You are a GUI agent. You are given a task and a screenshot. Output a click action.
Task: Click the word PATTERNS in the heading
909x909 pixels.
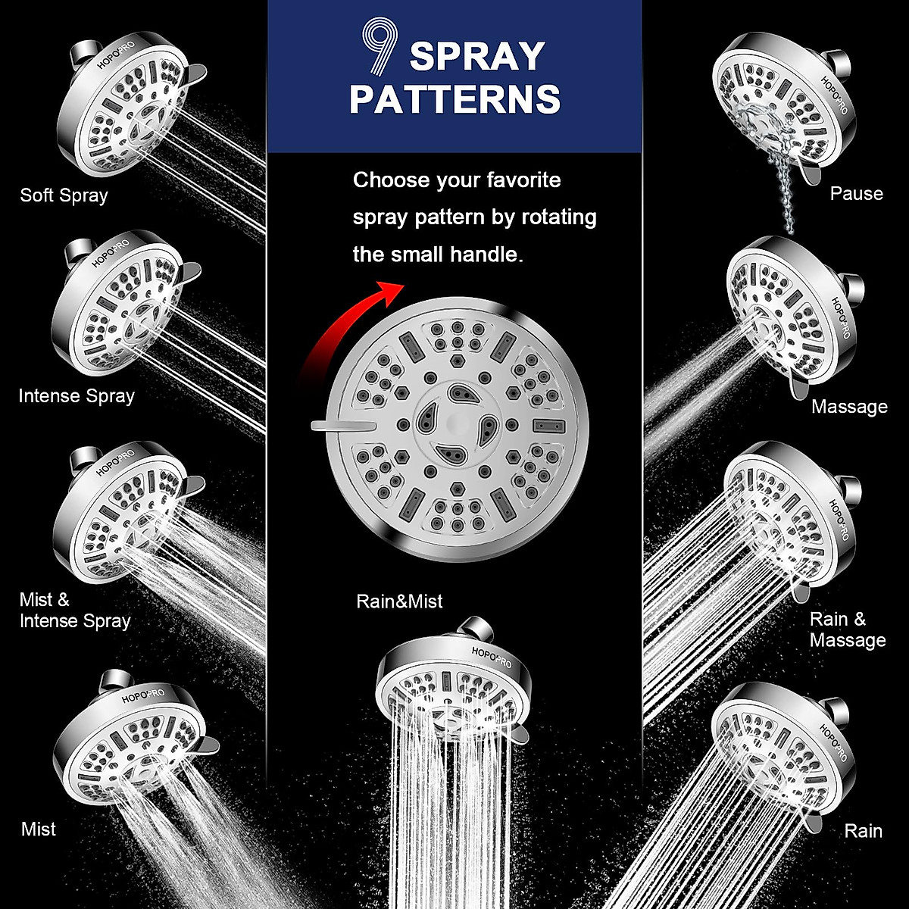(454, 99)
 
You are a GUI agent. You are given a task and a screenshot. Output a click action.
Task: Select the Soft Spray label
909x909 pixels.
(64, 195)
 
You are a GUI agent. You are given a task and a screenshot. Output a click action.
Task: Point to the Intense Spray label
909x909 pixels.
(77, 395)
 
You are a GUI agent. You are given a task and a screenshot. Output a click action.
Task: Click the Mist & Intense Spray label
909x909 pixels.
(74, 611)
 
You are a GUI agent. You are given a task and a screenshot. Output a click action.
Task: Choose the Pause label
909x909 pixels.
(856, 194)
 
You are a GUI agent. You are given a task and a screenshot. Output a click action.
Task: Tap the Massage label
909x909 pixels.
(849, 407)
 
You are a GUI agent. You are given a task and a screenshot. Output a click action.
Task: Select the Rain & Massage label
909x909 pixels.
(847, 629)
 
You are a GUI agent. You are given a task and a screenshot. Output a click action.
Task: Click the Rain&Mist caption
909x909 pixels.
(399, 601)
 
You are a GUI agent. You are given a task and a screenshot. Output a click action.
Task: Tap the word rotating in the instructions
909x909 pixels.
(558, 217)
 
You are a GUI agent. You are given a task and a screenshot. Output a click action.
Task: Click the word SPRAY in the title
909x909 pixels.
(477, 57)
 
